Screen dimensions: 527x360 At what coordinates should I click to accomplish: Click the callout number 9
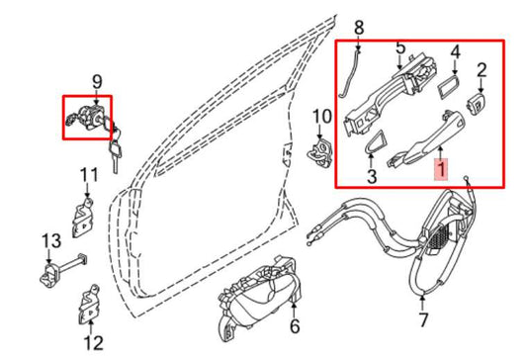[97, 82]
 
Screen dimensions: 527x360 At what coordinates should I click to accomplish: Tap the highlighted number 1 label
[441, 169]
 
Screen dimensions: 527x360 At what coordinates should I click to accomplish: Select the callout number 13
[51, 240]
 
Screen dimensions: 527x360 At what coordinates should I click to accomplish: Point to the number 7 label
[423, 319]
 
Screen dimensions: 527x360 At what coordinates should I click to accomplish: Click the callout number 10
[322, 117]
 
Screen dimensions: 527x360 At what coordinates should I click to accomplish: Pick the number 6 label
[295, 326]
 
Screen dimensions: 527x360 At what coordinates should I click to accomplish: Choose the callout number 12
[93, 343]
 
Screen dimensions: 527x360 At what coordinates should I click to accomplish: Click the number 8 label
[359, 28]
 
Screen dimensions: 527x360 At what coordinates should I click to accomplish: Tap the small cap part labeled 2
[477, 103]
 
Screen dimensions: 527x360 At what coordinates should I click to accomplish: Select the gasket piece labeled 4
[449, 86]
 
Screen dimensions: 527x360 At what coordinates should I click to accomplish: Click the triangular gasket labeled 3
[374, 141]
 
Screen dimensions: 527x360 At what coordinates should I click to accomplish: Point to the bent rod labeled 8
[349, 75]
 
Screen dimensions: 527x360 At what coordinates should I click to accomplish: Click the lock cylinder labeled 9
[88, 117]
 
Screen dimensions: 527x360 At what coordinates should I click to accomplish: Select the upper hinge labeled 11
[83, 219]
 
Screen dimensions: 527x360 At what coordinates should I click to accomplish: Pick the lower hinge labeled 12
[89, 306]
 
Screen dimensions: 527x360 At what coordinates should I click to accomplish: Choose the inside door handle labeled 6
[258, 298]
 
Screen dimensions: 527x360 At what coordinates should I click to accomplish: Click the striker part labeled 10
[319, 152]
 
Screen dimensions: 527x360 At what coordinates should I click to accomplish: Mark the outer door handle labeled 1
[425, 138]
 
